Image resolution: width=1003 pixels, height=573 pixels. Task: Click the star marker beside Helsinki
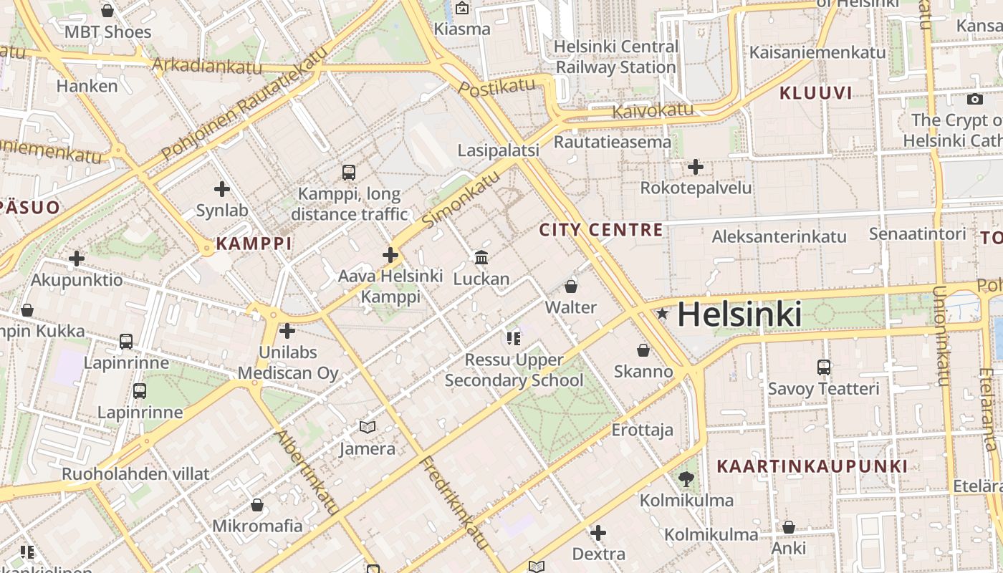click(x=662, y=314)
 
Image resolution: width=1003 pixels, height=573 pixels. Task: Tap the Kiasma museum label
click(x=462, y=29)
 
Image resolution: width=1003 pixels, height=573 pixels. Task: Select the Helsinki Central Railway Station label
click(x=616, y=57)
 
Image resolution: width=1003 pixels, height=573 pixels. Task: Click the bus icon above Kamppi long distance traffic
click(x=349, y=172)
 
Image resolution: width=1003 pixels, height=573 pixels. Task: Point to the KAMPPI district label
click(x=254, y=244)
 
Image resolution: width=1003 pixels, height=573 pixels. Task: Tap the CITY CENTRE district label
click(x=601, y=230)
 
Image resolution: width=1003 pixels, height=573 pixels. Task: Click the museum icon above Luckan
click(x=481, y=257)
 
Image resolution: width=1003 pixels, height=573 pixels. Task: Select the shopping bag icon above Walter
click(x=571, y=286)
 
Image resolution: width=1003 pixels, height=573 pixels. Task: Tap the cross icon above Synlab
click(x=222, y=189)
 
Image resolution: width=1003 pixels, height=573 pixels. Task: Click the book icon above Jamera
click(x=368, y=427)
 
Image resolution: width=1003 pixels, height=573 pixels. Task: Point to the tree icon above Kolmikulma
click(x=687, y=479)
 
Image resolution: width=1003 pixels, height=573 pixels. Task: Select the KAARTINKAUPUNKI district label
click(x=812, y=466)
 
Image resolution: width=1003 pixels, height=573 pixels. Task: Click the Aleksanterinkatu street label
click(x=779, y=236)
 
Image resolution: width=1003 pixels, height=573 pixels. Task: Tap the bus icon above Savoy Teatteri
click(x=824, y=367)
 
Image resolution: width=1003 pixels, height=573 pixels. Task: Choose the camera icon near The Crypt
click(x=974, y=100)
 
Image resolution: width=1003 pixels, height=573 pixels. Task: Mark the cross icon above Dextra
click(x=598, y=533)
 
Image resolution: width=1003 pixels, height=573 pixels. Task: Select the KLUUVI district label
click(x=815, y=92)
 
